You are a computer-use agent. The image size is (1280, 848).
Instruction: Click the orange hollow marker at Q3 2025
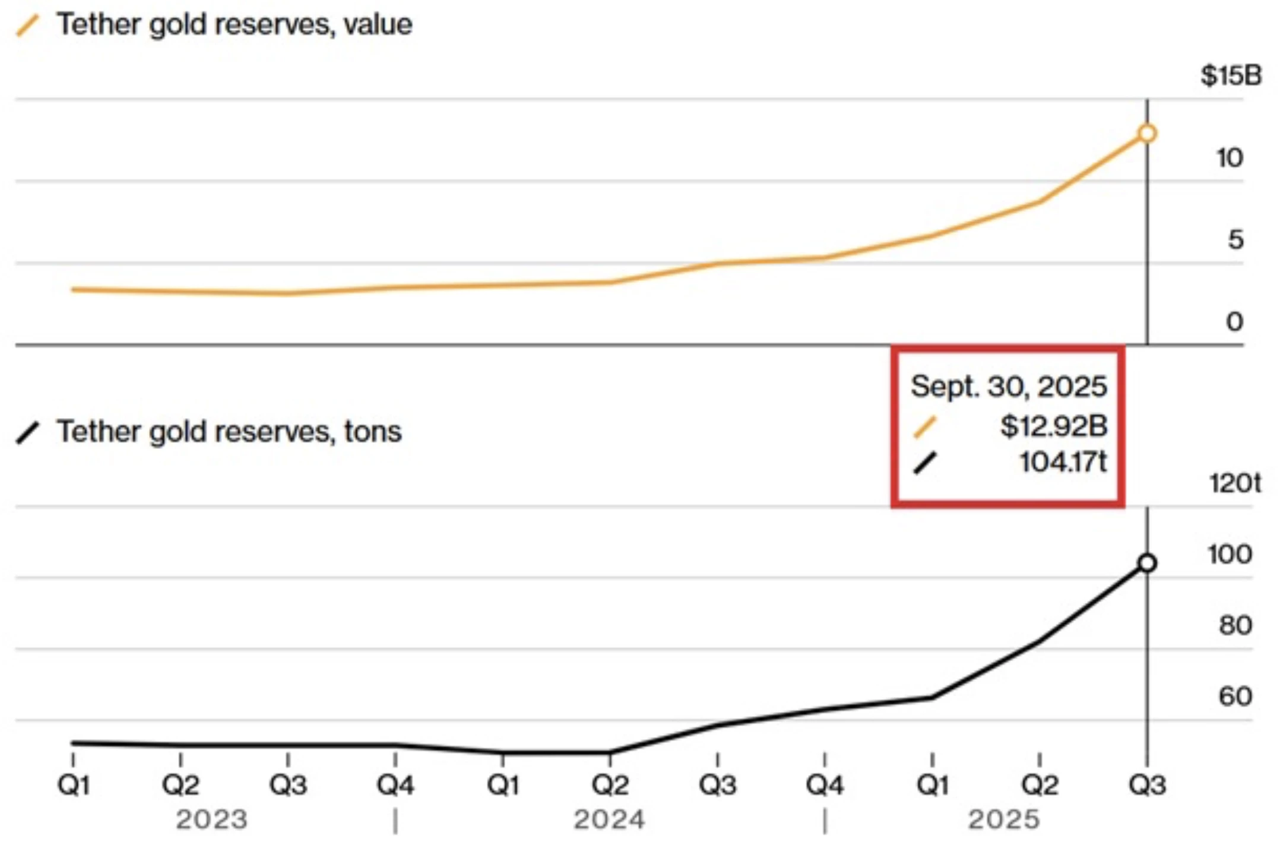1147,134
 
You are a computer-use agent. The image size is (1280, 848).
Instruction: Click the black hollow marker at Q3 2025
1147,562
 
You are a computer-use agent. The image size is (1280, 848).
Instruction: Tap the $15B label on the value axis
1231,75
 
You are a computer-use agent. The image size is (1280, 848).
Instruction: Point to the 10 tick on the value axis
1229,158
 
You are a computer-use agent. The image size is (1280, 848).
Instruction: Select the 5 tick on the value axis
1235,240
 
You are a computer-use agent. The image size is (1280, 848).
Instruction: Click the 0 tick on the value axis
1234,322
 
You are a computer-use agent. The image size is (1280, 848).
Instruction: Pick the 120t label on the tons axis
1234,483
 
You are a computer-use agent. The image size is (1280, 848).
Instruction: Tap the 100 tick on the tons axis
1230,555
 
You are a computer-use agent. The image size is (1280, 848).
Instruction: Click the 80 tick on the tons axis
1235,625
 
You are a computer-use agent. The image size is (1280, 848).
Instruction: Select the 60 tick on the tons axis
1235,696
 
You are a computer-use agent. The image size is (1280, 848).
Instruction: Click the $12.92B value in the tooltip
1053,426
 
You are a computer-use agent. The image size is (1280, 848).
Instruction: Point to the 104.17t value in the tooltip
1063,462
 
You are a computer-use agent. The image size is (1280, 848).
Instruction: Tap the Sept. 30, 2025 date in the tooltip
1009,387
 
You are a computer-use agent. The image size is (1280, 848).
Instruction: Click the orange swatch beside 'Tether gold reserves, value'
28,26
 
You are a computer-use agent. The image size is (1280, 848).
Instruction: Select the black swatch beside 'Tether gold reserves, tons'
28,432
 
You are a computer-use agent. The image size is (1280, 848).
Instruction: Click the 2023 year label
211,820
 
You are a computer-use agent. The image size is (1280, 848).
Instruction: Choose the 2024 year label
609,820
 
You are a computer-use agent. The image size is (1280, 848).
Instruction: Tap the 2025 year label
1004,820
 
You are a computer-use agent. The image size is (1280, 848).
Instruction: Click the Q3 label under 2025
1147,785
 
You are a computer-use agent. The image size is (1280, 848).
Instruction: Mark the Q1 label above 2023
73,785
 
